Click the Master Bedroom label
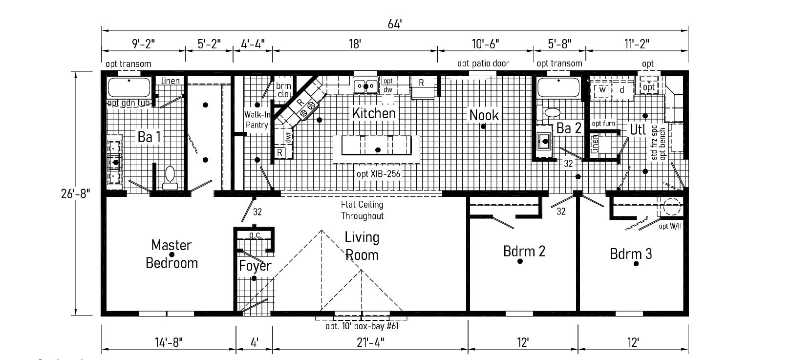pyautogui.click(x=171, y=254)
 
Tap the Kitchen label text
pyautogui.click(x=374, y=113)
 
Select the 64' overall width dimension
pyautogui.click(x=395, y=24)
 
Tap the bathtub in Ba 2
pyautogui.click(x=558, y=88)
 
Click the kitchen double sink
pyautogui.click(x=365, y=86)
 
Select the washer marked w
pyautogui.click(x=602, y=90)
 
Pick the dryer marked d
pyautogui.click(x=622, y=90)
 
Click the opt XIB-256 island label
pyautogui.click(x=379, y=173)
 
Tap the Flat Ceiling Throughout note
pyautogui.click(x=362, y=210)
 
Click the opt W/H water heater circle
pyautogui.click(x=672, y=207)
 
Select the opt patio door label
pyautogui.click(x=483, y=64)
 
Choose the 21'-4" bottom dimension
pyautogui.click(x=369, y=342)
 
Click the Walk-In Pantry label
pyautogui.click(x=257, y=120)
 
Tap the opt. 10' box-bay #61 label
pyautogui.click(x=362, y=326)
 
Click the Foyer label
pyautogui.click(x=255, y=266)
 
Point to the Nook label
pyautogui.click(x=484, y=115)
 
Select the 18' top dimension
pyautogui.click(x=355, y=44)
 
